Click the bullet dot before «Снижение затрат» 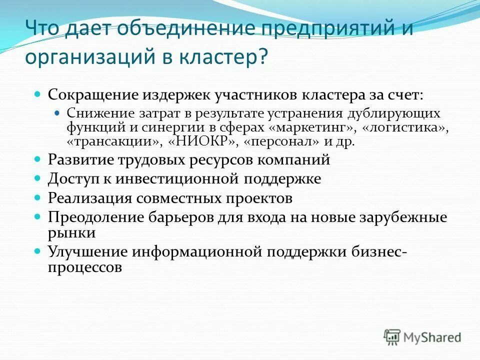56,113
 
